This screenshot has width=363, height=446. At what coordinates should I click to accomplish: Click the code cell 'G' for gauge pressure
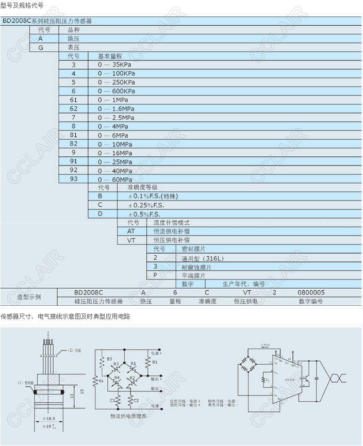41,47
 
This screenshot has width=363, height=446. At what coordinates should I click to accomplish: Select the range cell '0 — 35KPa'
116,64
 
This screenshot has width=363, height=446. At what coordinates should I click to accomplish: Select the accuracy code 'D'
101,213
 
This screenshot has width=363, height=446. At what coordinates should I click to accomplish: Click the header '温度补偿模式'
172,223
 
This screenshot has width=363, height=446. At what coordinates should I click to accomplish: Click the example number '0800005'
311,292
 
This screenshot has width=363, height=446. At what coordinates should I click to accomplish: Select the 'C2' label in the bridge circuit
136,400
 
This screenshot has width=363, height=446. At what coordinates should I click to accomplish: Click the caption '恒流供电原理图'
128,416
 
